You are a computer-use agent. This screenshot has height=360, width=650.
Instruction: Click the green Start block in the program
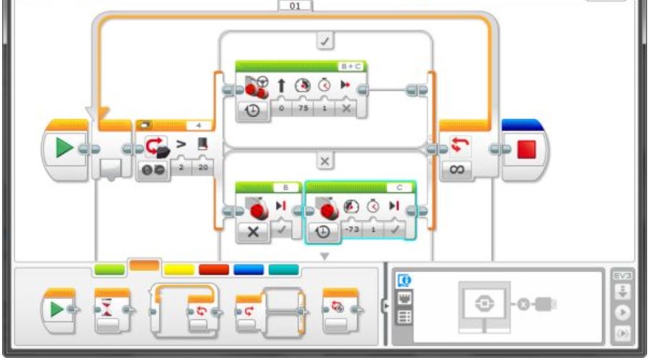(65, 148)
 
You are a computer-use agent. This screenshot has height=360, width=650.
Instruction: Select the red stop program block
(527, 148)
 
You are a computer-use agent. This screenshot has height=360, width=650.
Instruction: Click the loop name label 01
(295, 6)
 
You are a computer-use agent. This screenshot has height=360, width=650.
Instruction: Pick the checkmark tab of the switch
(325, 42)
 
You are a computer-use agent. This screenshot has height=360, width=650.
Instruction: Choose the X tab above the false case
(325, 162)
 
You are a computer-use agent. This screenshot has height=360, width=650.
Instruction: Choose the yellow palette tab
(178, 270)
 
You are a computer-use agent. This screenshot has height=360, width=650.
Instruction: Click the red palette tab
(213, 270)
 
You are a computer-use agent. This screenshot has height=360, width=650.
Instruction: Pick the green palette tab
(109, 270)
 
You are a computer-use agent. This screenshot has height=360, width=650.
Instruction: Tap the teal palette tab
(283, 270)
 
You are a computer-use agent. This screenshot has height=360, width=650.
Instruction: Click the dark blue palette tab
(248, 270)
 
